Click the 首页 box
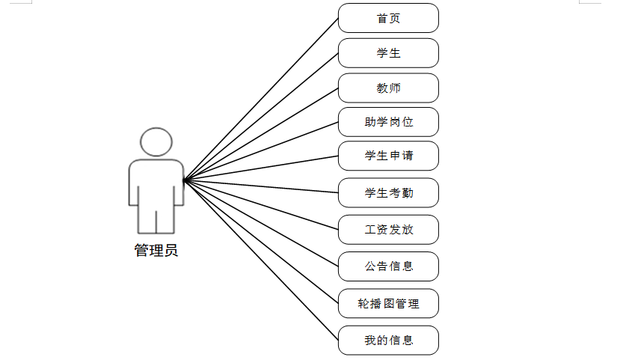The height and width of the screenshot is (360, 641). pyautogui.click(x=388, y=18)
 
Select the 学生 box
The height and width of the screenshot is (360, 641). pyautogui.click(x=388, y=53)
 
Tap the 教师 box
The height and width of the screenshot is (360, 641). pyautogui.click(x=388, y=88)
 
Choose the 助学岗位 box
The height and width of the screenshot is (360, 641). pyautogui.click(x=388, y=122)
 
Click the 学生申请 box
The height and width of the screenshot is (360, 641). pyautogui.click(x=388, y=156)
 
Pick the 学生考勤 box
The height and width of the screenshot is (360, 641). pyautogui.click(x=388, y=193)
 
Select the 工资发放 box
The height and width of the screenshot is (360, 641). pyautogui.click(x=388, y=230)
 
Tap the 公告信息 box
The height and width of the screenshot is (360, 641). pyautogui.click(x=388, y=266)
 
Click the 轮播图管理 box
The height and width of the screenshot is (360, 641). pyautogui.click(x=388, y=303)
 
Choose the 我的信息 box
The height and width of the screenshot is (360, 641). pyautogui.click(x=388, y=340)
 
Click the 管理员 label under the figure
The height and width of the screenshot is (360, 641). pyautogui.click(x=156, y=251)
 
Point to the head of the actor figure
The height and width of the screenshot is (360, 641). pyautogui.click(x=156, y=141)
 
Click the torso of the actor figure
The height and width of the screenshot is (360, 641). pyautogui.click(x=156, y=183)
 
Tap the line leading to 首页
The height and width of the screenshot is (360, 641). pyautogui.click(x=261, y=99)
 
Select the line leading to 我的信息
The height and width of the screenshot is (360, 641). pyautogui.click(x=261, y=260)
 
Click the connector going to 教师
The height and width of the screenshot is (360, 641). pyautogui.click(x=261, y=134)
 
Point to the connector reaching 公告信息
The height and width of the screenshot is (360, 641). pyautogui.click(x=261, y=223)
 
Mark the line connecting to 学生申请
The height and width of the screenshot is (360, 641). pyautogui.click(x=261, y=168)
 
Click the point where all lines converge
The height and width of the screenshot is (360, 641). pyautogui.click(x=184, y=180)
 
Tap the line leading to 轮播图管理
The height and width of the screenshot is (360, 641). pyautogui.click(x=261, y=241)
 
